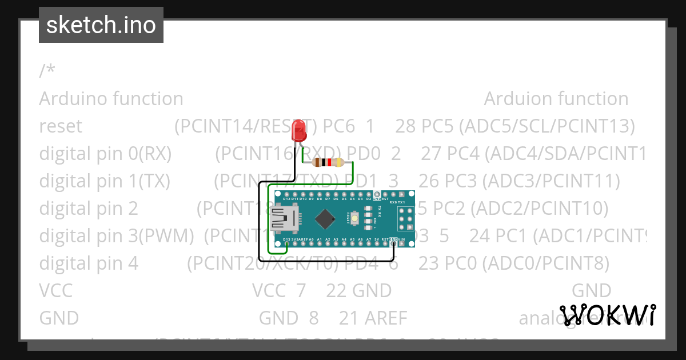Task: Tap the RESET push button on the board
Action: click(355, 218)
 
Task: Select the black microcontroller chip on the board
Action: click(325, 218)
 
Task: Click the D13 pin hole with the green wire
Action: click(286, 243)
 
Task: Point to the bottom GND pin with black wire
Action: click(394, 243)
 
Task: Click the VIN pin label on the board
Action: click(402, 239)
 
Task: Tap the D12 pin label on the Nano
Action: click(286, 198)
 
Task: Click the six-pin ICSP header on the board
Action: click(405, 218)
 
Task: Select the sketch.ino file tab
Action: click(101, 25)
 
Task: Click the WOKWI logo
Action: click(607, 315)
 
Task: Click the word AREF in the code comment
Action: click(386, 318)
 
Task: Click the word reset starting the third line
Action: click(61, 126)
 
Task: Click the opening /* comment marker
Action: click(47, 71)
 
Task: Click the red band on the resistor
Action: click(329, 162)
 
